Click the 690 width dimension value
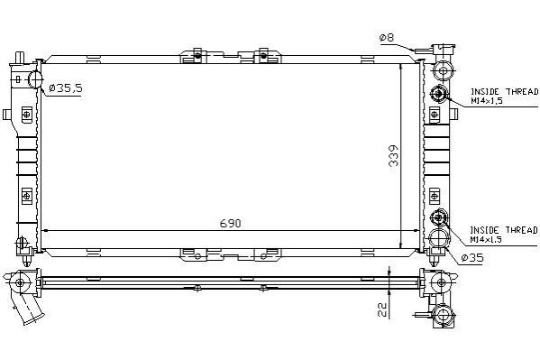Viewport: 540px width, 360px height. pyautogui.click(x=231, y=224)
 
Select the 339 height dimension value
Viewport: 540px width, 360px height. pyautogui.click(x=393, y=156)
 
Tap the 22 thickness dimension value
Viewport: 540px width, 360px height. pyautogui.click(x=382, y=310)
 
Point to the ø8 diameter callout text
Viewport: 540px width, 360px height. pyautogui.click(x=387, y=37)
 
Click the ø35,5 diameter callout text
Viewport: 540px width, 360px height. pyautogui.click(x=66, y=88)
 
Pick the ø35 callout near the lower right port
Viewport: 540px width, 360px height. pyautogui.click(x=472, y=257)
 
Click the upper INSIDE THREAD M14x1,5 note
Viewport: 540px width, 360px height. pyautogui.click(x=504, y=97)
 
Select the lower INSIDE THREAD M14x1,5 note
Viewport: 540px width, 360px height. pyautogui.click(x=504, y=235)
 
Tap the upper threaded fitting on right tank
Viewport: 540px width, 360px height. pyautogui.click(x=438, y=94)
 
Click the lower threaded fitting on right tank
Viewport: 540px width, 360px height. pyautogui.click(x=438, y=217)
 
